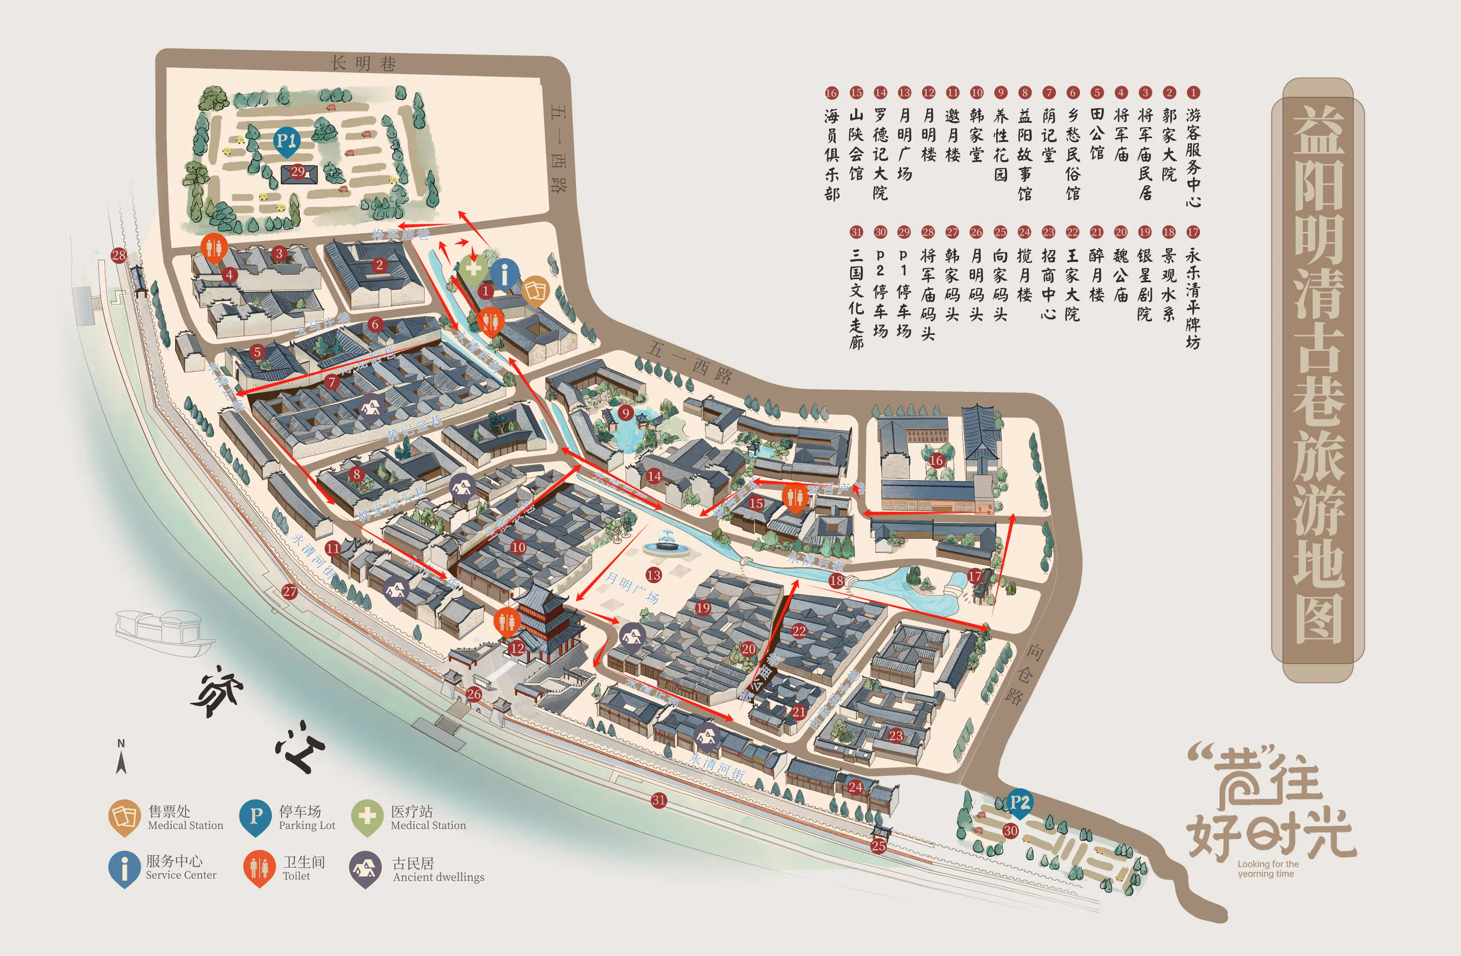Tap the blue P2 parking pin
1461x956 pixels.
click(x=1019, y=802)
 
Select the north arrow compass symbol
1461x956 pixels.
click(x=121, y=758)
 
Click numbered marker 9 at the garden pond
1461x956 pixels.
click(x=626, y=413)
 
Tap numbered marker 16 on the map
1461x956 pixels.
click(x=936, y=461)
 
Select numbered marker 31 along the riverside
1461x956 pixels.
click(x=659, y=800)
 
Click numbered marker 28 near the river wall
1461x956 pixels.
click(x=119, y=255)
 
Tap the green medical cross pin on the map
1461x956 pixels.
click(x=473, y=268)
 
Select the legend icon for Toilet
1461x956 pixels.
click(x=259, y=867)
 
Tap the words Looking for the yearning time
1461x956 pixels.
click(x=1268, y=869)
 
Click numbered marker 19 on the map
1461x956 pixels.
click(x=703, y=608)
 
